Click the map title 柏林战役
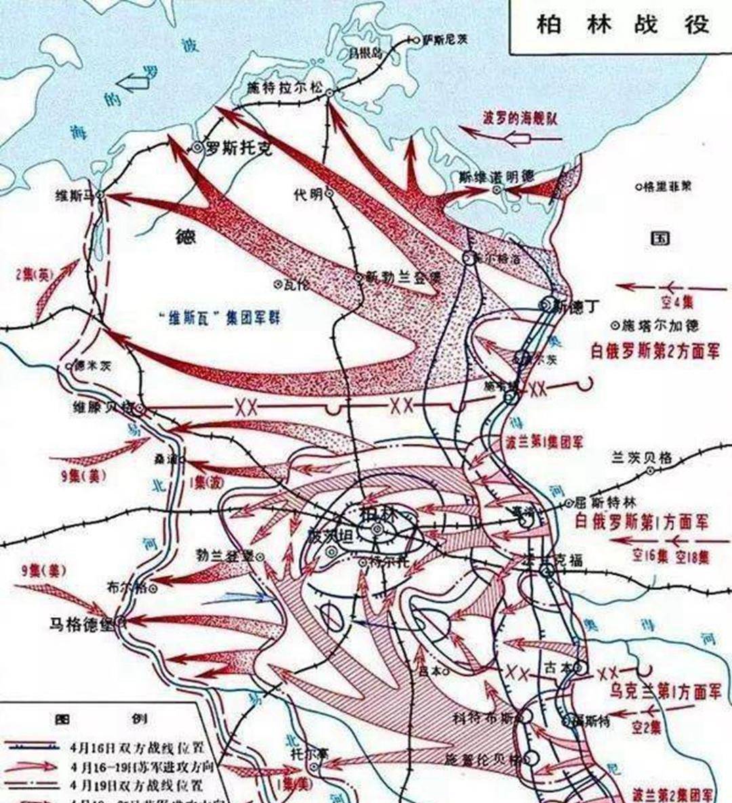point(622,24)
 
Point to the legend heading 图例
point(102,718)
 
